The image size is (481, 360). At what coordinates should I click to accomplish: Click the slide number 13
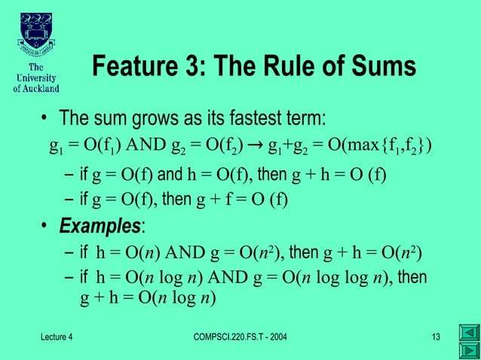coord(435,336)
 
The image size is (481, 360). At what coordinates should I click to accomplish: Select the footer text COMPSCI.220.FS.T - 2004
coord(240,336)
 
